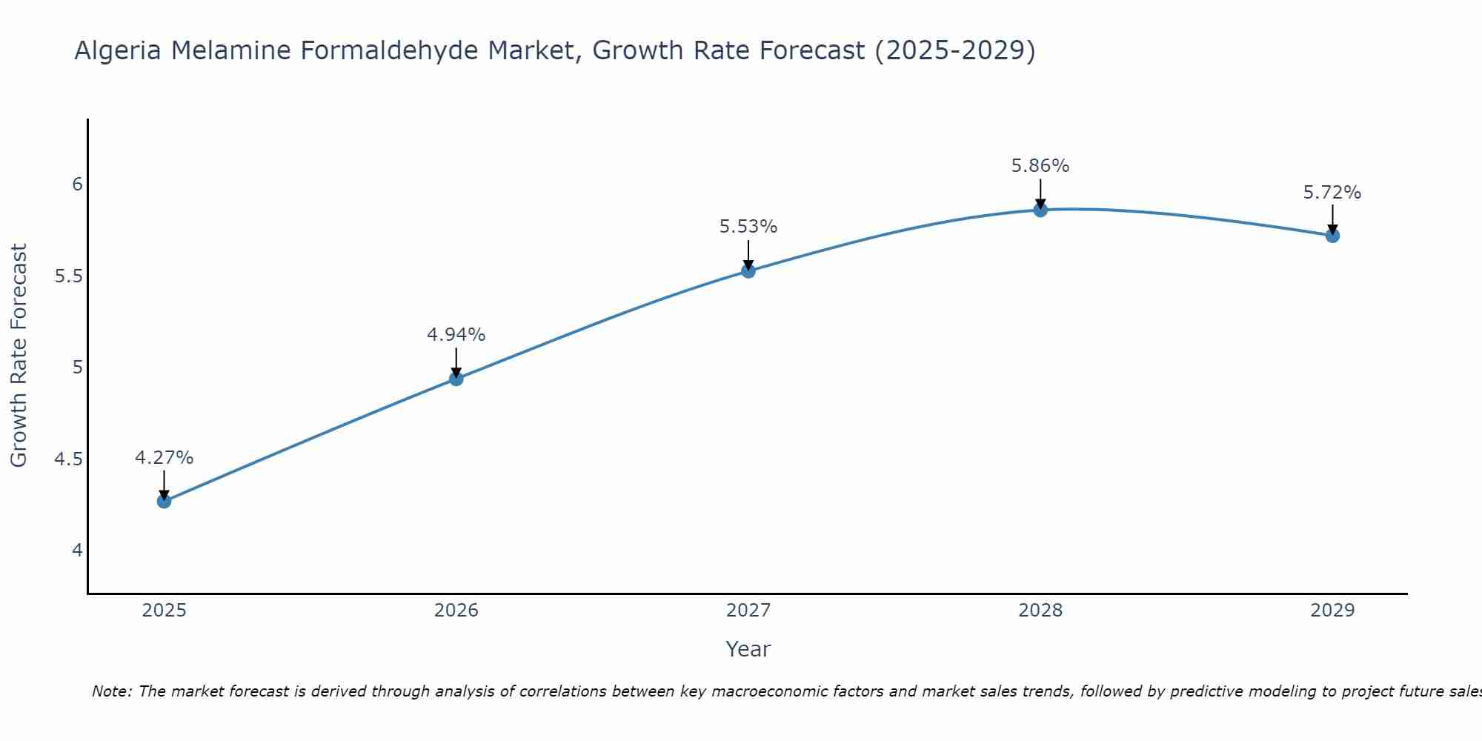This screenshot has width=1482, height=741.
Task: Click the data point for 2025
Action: coord(164,501)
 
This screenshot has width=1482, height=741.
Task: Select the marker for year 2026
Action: coord(456,379)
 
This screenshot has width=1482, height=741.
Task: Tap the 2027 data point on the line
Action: coord(748,270)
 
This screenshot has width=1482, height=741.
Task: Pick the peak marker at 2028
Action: coord(1040,210)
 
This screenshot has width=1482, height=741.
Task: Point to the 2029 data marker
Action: coord(1332,236)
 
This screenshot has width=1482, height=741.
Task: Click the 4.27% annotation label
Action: coord(164,458)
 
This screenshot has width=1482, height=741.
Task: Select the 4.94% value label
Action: coord(456,335)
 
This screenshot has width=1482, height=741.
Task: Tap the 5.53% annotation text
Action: coord(748,227)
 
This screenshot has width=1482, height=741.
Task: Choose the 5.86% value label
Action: coord(1040,166)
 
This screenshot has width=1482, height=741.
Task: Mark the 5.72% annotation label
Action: coord(1332,193)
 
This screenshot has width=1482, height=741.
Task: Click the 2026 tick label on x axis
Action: coord(456,611)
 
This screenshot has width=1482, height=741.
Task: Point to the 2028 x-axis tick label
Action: coord(1040,611)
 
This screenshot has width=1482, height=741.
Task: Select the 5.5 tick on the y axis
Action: coord(68,276)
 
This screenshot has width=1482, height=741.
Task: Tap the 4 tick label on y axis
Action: coord(77,551)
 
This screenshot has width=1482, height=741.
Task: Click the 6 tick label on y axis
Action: coord(77,185)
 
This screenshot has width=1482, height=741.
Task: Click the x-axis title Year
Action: coord(748,649)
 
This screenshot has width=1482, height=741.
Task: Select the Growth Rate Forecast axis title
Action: coord(19,355)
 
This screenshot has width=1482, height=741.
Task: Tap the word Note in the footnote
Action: coord(111,691)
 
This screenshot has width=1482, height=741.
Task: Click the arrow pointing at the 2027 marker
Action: coord(748,254)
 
